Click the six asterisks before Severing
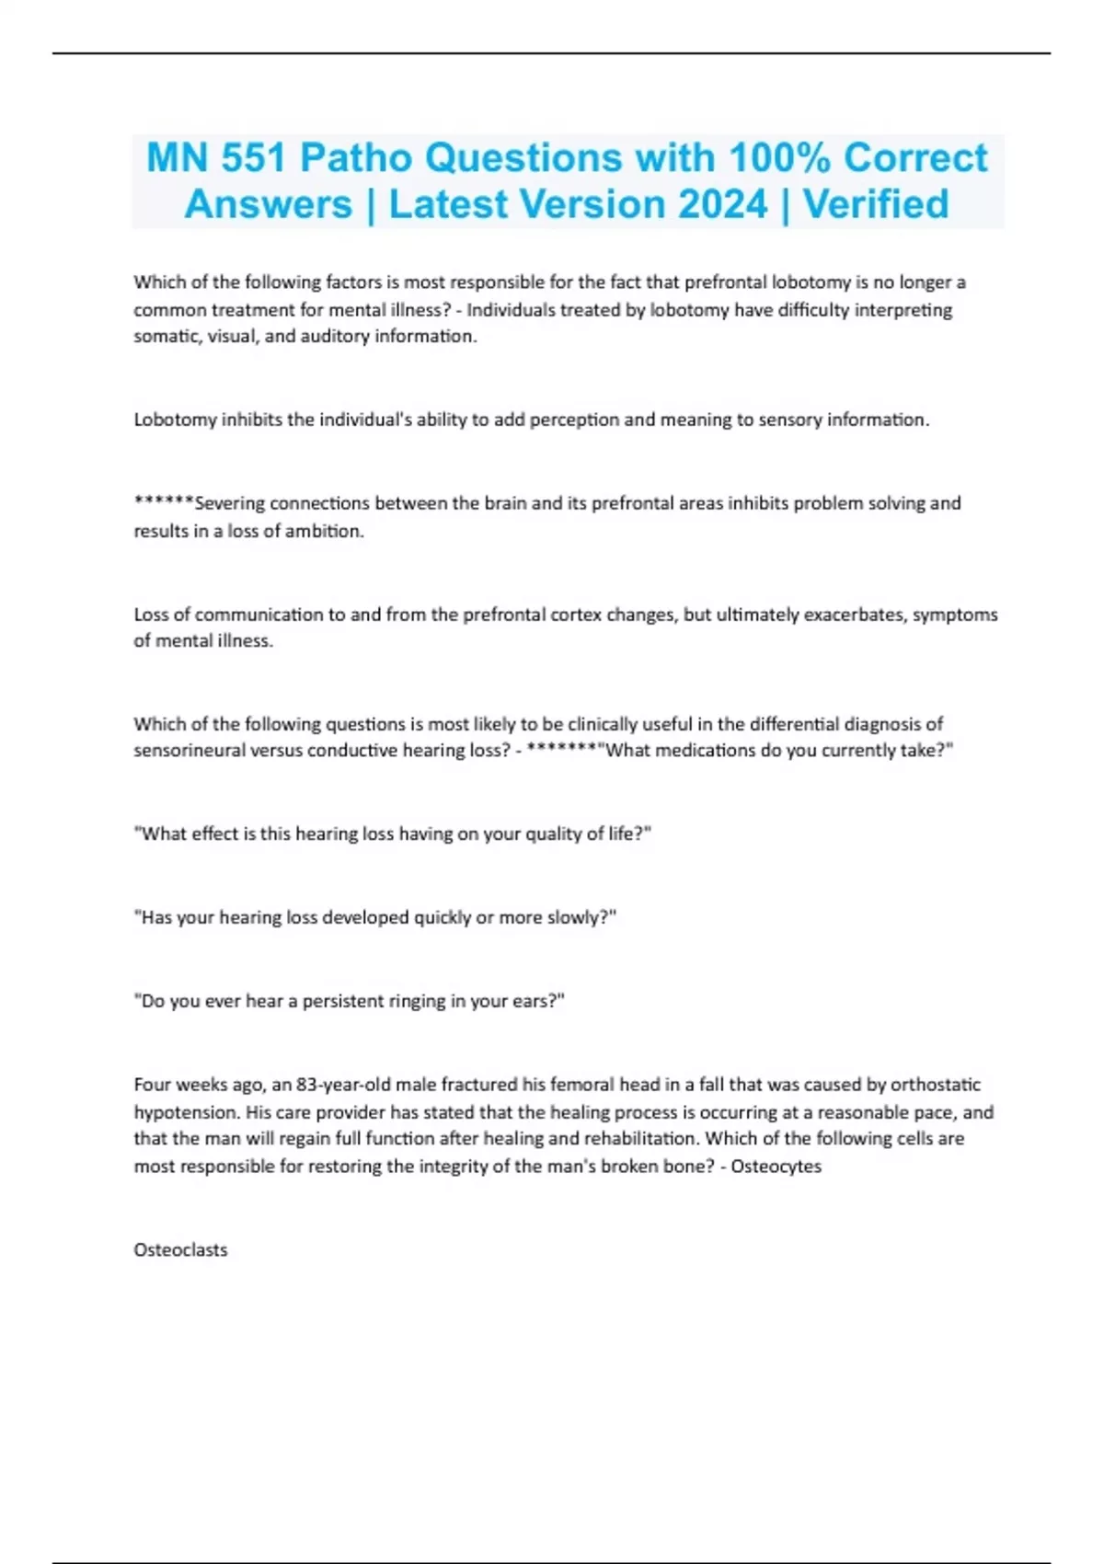(x=164, y=501)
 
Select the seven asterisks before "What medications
(x=561, y=749)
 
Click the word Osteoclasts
(x=180, y=1249)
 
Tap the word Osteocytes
(x=776, y=1167)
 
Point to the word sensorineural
(x=187, y=751)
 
